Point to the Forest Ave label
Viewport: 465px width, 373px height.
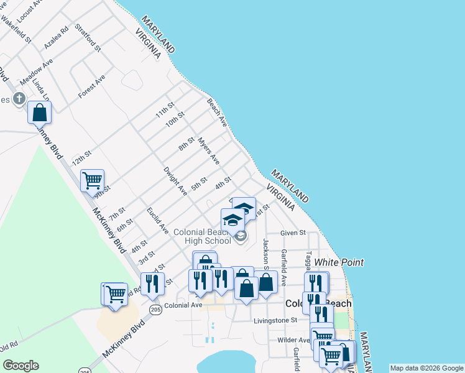91,86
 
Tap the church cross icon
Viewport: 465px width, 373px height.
19,98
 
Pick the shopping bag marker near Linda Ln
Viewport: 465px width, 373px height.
39,113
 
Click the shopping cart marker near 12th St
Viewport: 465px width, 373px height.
92,180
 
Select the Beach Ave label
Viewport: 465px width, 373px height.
217,111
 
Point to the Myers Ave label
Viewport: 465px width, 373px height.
209,151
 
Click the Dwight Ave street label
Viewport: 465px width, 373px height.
175,181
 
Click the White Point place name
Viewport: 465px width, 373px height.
339,262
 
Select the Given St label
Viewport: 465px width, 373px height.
293,233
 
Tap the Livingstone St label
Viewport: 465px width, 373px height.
276,321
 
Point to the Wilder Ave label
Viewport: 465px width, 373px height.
293,340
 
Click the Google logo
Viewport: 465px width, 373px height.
21,366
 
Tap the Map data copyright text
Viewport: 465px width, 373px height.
426,368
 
